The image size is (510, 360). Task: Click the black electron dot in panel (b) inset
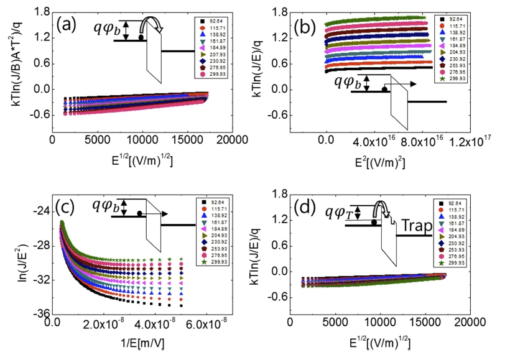point(385,90)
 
